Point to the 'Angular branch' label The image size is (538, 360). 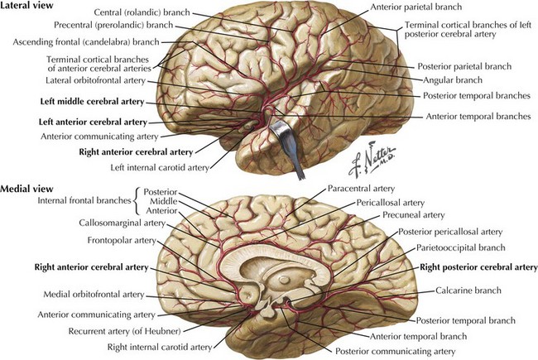451,81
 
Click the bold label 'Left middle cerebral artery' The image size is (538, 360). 92,102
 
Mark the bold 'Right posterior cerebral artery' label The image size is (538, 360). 478,268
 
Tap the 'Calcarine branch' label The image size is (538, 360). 467,291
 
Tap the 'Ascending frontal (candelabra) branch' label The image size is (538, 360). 70,41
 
